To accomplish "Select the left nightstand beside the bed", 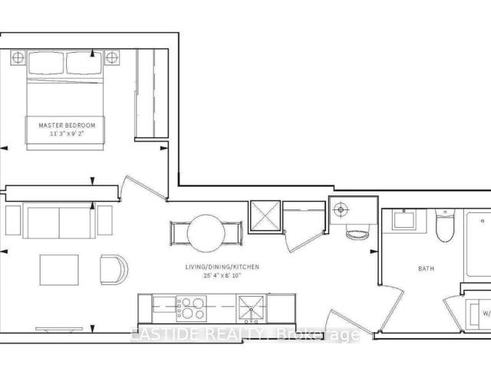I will click(x=18, y=58).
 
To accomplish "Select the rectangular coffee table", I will click(x=58, y=268).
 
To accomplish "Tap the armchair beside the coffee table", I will click(x=112, y=269).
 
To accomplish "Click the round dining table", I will click(x=206, y=232).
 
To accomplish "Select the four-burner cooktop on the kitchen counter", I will click(x=190, y=307).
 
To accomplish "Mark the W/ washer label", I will click(x=484, y=312).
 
